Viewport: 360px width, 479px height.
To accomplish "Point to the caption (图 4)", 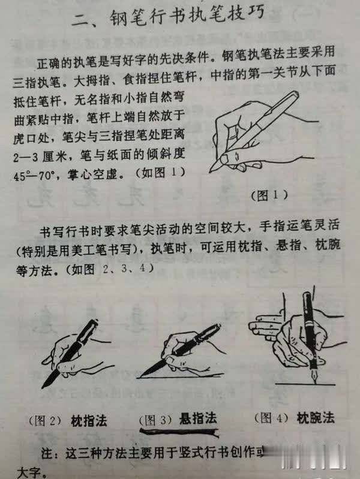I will tap(271, 417).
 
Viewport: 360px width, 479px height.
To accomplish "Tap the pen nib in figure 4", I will tap(313, 376).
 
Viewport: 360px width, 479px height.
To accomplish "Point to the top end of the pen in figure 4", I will tap(307, 296).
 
